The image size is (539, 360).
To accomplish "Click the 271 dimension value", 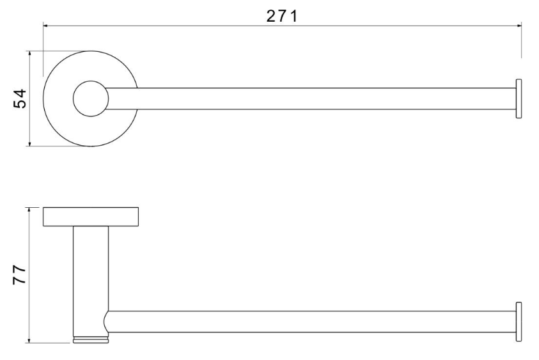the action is coord(281,16).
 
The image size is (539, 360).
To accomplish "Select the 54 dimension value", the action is coord(20,98).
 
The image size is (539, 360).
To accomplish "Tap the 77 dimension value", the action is coord(20,274).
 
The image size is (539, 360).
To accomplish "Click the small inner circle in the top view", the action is coord(91,98).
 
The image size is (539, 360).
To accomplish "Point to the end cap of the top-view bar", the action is coord(519,98).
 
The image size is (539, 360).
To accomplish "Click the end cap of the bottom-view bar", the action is coord(519,322).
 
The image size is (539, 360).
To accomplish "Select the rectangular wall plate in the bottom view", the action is coord(91,217).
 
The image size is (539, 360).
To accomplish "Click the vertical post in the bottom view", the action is coord(91,280).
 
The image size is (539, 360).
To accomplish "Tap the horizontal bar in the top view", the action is coord(311,98).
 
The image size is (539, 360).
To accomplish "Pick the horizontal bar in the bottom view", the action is coord(311,322).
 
